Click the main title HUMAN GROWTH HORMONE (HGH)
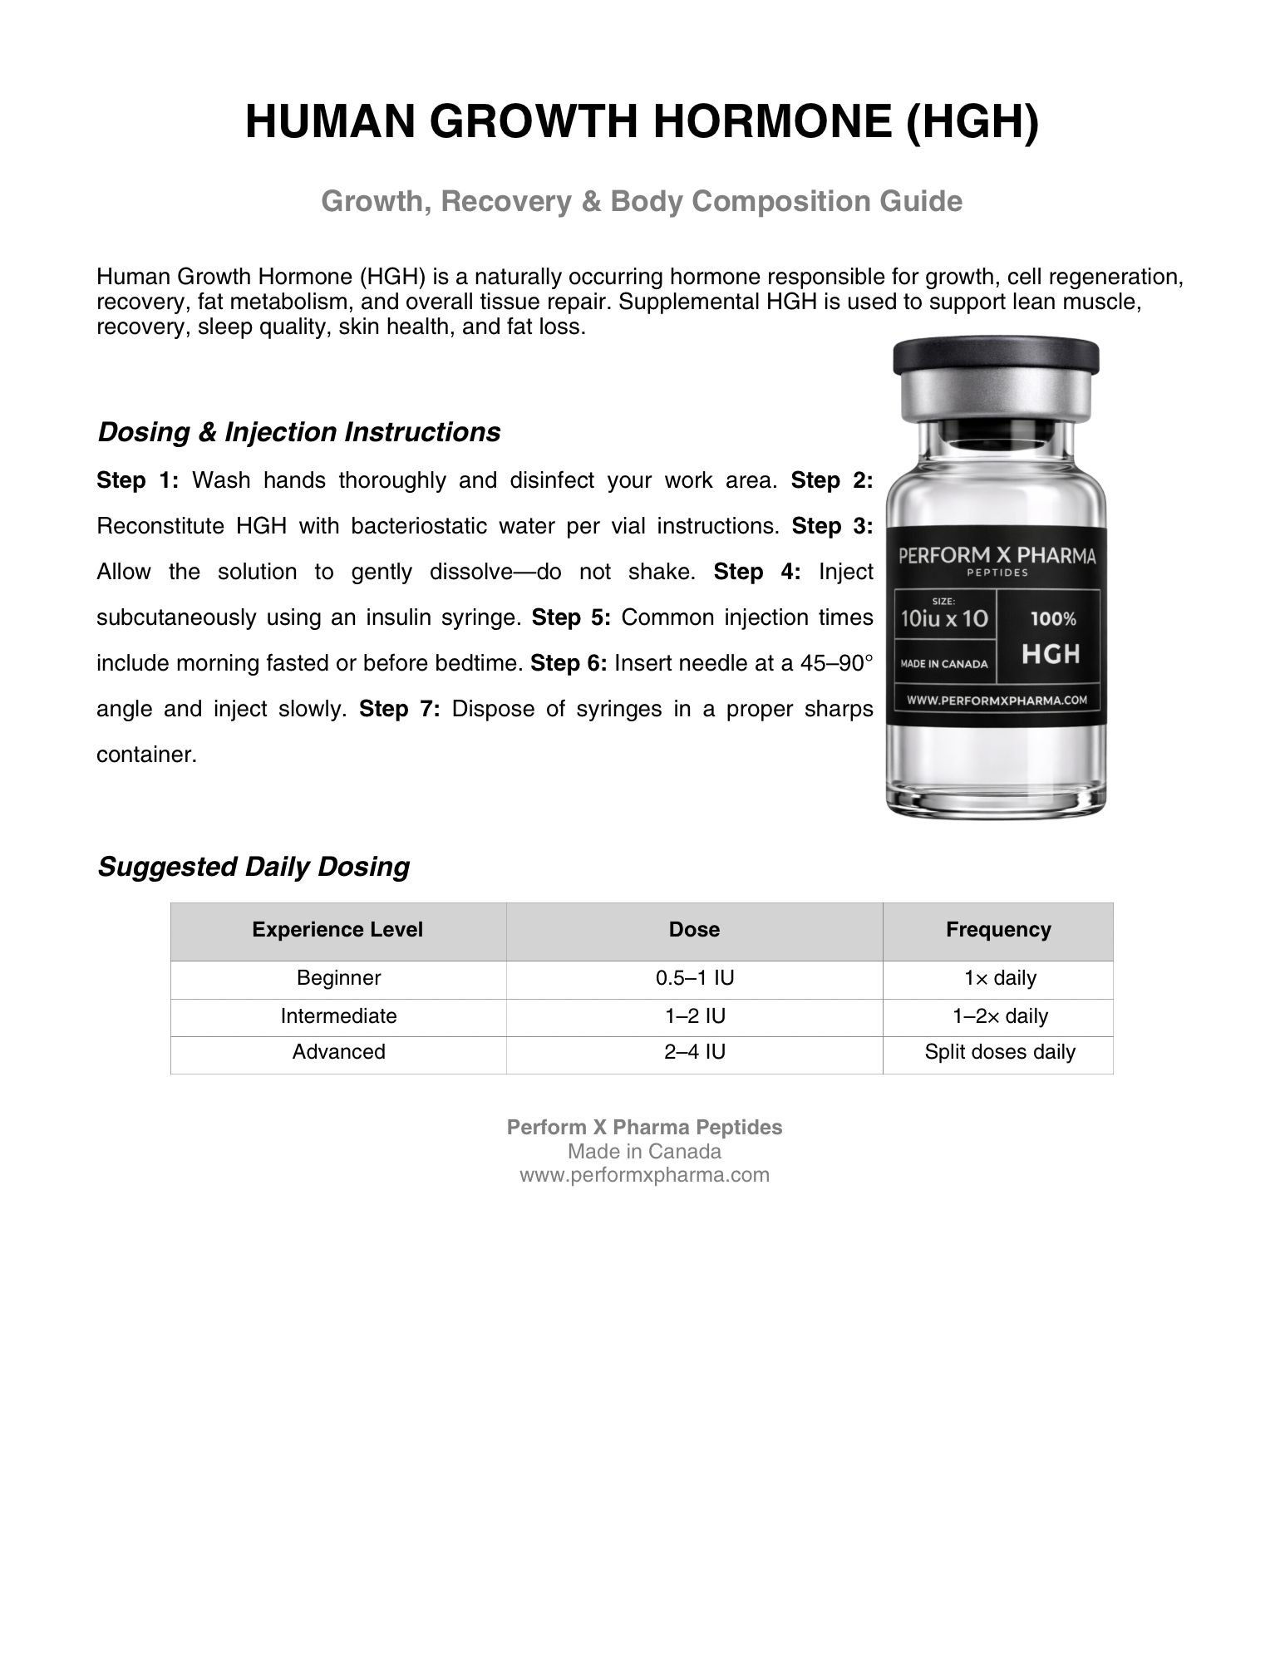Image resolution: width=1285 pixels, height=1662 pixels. pos(642,121)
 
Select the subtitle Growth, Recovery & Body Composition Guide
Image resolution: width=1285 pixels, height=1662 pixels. pos(642,201)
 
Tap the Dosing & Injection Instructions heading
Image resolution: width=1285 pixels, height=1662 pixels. pos(299,432)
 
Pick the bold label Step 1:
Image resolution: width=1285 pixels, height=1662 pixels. pos(138,480)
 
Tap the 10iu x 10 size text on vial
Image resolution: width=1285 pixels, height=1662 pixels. pos(944,619)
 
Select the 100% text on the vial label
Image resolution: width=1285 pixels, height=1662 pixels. pos(1053,619)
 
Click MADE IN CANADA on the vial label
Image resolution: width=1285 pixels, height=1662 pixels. pos(944,664)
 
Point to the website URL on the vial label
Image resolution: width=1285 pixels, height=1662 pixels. pos(997,700)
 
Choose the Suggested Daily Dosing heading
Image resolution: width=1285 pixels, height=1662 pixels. pos(254,867)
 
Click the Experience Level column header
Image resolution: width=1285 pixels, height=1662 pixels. pos(337,930)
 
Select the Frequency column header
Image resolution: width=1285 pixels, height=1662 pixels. pos(998,930)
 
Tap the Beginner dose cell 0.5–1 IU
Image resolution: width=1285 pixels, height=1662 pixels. pos(695,978)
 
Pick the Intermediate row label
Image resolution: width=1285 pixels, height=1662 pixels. pos(338,1016)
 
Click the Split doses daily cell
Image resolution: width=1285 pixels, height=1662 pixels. pos(1000,1052)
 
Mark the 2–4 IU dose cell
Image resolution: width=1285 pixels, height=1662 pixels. pos(695,1052)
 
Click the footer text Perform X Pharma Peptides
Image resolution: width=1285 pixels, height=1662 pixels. pos(644,1128)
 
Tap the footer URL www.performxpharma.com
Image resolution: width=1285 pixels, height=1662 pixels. pos(644,1175)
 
